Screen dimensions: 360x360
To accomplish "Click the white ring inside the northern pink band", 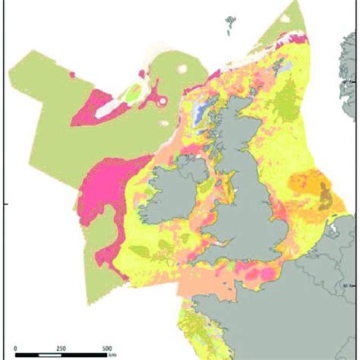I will [x=163, y=102].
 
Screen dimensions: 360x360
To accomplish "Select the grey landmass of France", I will [x=304, y=319].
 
